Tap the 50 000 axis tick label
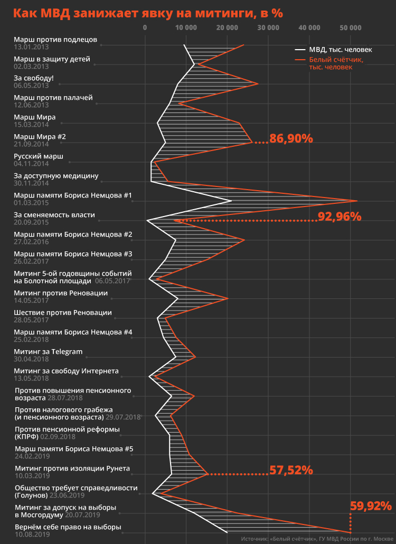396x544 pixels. pyautogui.click(x=351, y=27)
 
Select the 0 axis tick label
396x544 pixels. pyautogui.click(x=145, y=27)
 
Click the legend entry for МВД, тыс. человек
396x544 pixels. pyautogui.click(x=341, y=50)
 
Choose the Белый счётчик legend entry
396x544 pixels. pyautogui.click(x=336, y=63)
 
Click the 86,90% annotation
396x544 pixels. pyautogui.click(x=291, y=139)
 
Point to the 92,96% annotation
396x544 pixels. pyautogui.click(x=339, y=216)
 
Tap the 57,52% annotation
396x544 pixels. pyautogui.click(x=291, y=470)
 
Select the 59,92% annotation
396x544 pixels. pyautogui.click(x=371, y=505)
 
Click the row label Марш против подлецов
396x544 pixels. pyautogui.click(x=55, y=40)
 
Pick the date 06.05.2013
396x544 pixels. pyautogui.click(x=31, y=86)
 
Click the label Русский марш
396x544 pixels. pyautogui.click(x=39, y=156)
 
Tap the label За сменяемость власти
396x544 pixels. pyautogui.click(x=54, y=215)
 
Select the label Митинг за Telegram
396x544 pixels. pyautogui.click(x=48, y=352)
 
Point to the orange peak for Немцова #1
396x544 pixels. pyautogui.click(x=357, y=201)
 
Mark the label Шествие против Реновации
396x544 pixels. pyautogui.click(x=63, y=313)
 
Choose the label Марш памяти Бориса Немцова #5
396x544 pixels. pyautogui.click(x=73, y=449)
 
